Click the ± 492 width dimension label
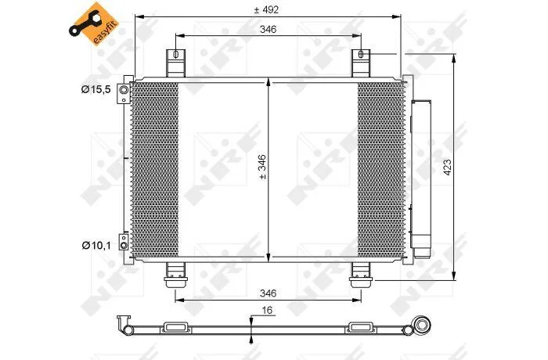tap(266, 10)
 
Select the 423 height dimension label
tap(447, 167)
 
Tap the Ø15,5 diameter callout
tap(96, 89)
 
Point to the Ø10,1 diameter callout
tap(96, 246)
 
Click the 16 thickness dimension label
tap(267, 311)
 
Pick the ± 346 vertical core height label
tap(262, 167)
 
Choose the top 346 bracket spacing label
tap(268, 30)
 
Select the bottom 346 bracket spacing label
tap(268, 293)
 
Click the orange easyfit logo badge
tap(94, 23)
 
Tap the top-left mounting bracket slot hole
tap(176, 54)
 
